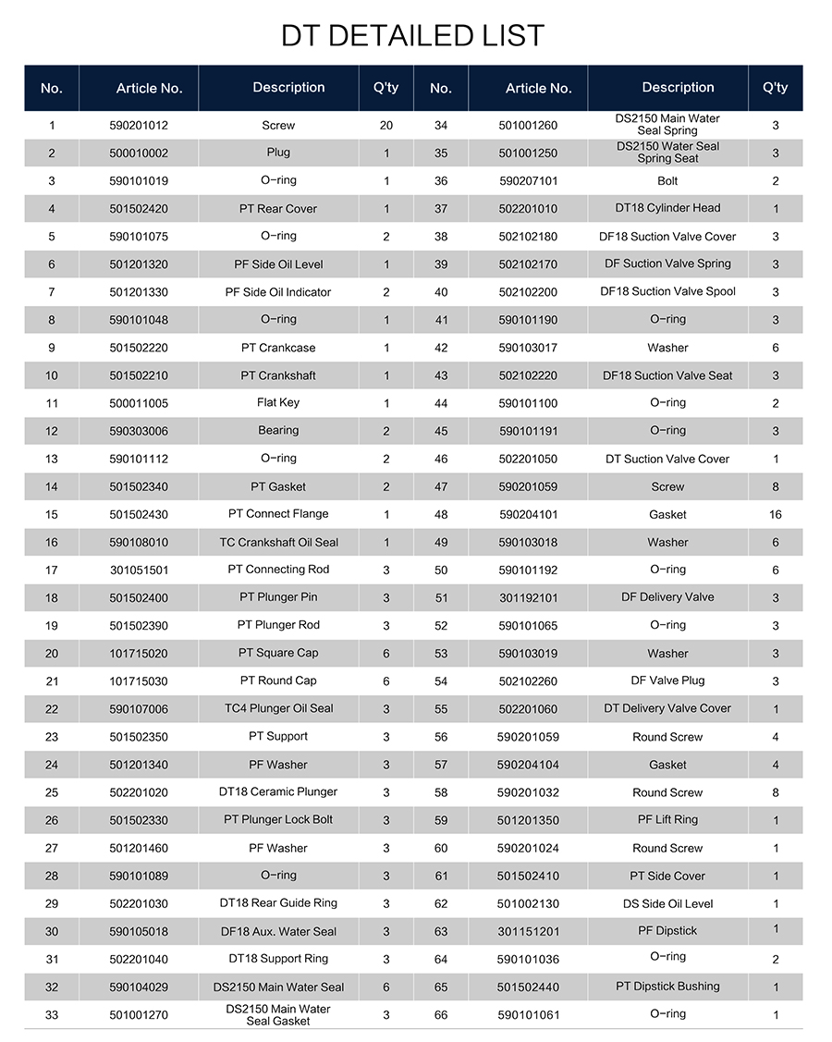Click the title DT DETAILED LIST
(x=413, y=36)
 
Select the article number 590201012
(x=139, y=126)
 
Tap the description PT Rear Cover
(x=278, y=209)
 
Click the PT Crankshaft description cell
(x=278, y=375)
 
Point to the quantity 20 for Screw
(x=386, y=126)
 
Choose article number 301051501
(x=139, y=570)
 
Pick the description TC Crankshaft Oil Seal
(x=278, y=543)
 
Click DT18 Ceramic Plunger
(x=278, y=792)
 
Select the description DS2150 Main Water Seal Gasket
(x=278, y=1015)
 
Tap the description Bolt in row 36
(x=667, y=181)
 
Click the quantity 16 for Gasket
(x=776, y=515)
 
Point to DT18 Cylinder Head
(x=667, y=209)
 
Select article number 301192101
(x=528, y=598)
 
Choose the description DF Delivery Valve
(x=667, y=597)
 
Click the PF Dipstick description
(x=667, y=931)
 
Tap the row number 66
(x=441, y=1015)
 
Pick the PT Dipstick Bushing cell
(x=667, y=987)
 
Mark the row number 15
(x=52, y=515)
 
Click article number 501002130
(x=528, y=904)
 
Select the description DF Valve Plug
(x=667, y=680)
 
